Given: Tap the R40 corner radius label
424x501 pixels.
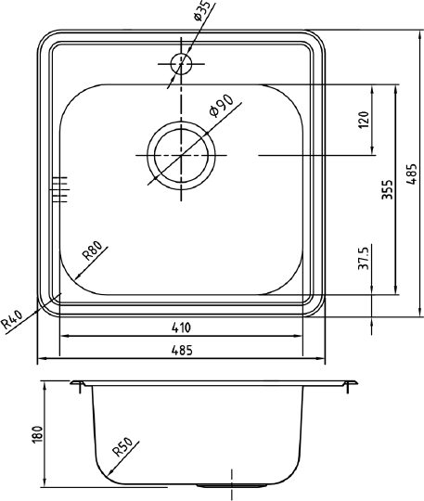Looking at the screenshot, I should (12, 319).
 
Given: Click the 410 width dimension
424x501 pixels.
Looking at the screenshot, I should (181, 328).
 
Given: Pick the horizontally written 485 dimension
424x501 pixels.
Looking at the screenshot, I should (181, 351).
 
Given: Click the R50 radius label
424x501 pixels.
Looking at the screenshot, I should (122, 449).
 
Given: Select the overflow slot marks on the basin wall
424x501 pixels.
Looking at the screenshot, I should (61, 187).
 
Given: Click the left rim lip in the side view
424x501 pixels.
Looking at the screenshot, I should (79, 383).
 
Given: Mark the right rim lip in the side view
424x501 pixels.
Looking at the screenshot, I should (350, 383).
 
